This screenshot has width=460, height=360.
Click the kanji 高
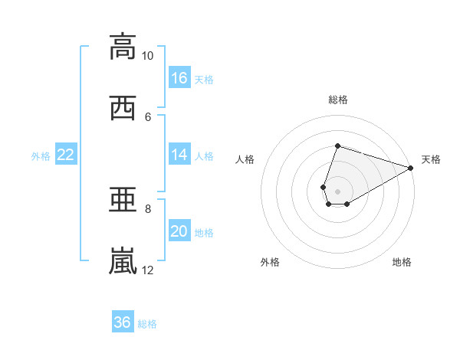point(123,47)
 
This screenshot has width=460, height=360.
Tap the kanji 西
point(123,108)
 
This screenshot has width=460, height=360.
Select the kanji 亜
point(123,199)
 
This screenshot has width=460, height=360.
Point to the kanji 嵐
point(123,260)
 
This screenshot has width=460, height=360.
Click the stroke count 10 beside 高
point(147,56)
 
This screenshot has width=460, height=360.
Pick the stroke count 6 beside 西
point(148,117)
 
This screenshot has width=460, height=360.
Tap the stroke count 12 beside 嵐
point(147,270)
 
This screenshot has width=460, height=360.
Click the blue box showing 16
point(179,77)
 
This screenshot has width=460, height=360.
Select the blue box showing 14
point(179,154)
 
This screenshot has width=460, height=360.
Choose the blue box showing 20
point(179,230)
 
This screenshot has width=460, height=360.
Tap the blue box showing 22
point(66,154)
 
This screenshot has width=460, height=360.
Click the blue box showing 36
point(123,321)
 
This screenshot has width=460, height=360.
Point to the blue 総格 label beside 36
point(147,324)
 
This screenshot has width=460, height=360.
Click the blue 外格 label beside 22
point(41,156)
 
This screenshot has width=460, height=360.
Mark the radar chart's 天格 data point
point(411,168)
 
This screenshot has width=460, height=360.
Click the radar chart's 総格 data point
point(337,146)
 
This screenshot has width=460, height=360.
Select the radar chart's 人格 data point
point(324,187)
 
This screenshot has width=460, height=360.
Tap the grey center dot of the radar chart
point(337,191)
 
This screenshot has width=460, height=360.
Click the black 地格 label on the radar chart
point(402,262)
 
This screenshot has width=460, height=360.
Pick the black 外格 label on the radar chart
point(270,262)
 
